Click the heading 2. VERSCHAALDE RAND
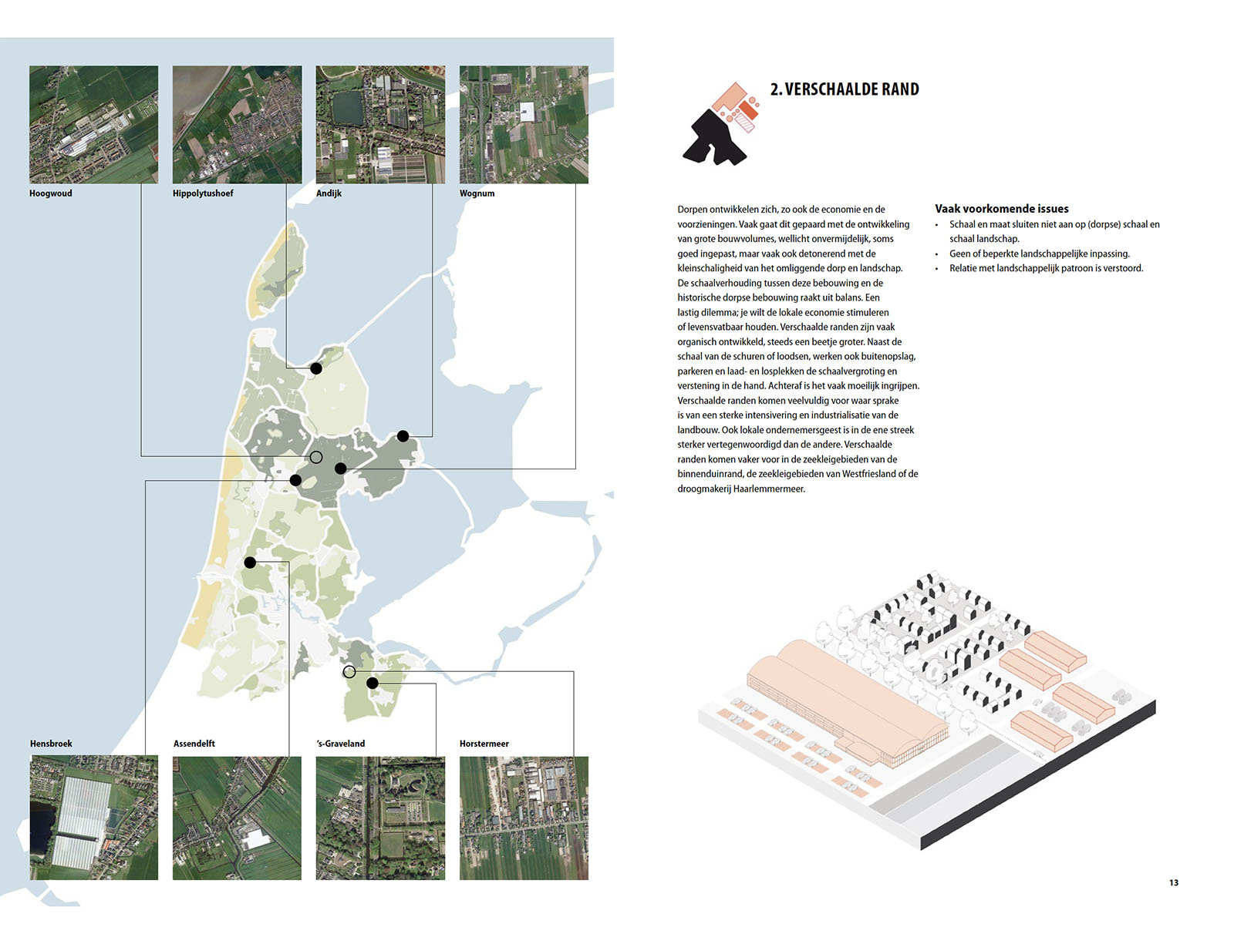(x=844, y=89)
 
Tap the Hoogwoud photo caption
(x=51, y=193)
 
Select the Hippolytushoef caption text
(x=203, y=193)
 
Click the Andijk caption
(x=329, y=193)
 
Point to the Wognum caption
(x=477, y=193)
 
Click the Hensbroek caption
(x=51, y=744)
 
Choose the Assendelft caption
(x=194, y=744)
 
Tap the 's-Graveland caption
(x=341, y=744)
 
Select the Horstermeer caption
(x=484, y=744)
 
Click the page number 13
(x=1174, y=883)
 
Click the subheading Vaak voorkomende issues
(x=1001, y=209)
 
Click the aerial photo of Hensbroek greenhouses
(x=93, y=818)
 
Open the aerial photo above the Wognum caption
(x=524, y=124)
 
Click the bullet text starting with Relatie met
(x=1046, y=268)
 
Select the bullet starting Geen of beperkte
(x=1039, y=254)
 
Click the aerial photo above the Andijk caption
(x=380, y=124)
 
